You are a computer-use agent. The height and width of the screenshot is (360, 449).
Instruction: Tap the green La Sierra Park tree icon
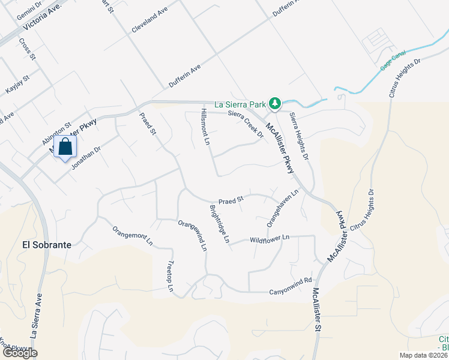(x=275, y=104)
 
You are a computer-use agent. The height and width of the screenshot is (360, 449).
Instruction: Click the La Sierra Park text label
(x=240, y=104)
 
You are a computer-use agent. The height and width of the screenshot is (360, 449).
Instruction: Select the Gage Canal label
(x=393, y=62)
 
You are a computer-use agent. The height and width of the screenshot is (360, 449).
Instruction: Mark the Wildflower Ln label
(x=270, y=238)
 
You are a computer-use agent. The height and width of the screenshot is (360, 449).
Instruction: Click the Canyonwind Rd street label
(x=292, y=280)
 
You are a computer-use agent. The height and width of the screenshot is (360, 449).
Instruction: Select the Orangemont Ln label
(x=133, y=236)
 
